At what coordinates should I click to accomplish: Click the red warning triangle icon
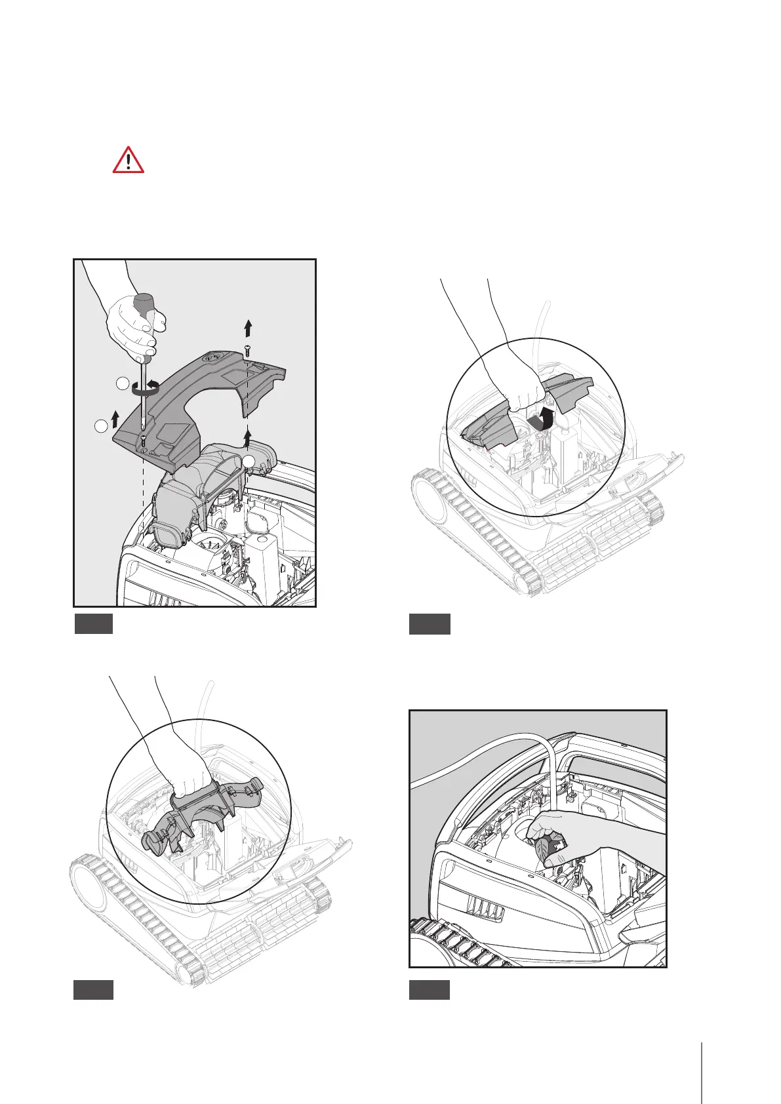129,160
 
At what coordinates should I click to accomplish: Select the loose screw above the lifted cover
247,349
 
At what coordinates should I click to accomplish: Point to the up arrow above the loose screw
247,326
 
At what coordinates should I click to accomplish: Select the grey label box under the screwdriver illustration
94,623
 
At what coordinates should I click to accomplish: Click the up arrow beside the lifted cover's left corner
115,415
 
